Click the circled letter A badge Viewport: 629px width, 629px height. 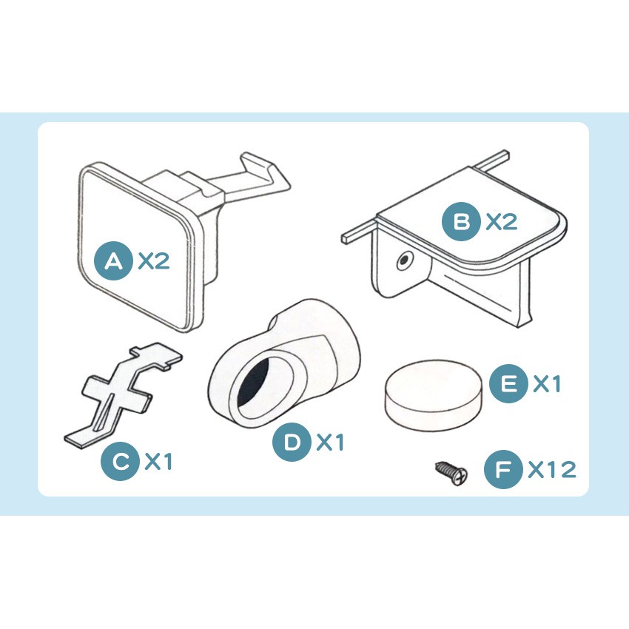point(113,260)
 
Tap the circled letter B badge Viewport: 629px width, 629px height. point(461,221)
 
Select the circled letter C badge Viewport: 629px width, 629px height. point(120,461)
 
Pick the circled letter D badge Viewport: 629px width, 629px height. point(292,442)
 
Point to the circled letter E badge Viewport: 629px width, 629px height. point(508,384)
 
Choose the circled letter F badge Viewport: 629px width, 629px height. point(503,469)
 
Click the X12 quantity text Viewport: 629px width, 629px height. point(552,469)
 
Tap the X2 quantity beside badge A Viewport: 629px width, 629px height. point(154,261)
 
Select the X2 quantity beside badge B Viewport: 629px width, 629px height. point(502,221)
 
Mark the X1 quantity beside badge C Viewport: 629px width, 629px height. point(158,461)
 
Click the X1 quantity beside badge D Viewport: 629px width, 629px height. point(330,443)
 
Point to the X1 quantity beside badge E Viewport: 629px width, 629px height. point(546,384)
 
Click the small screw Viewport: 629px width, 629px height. point(451,473)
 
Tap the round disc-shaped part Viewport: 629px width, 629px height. point(432,394)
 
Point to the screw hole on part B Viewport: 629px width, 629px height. point(405,260)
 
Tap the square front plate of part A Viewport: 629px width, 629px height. point(138,246)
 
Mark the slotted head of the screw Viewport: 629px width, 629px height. point(460,476)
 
